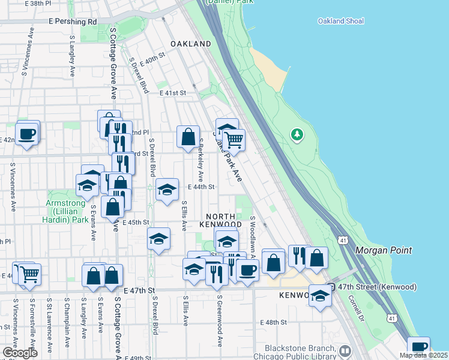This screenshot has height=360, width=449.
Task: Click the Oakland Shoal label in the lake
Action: pyautogui.click(x=340, y=22)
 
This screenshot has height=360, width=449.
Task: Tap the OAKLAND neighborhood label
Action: pyautogui.click(x=190, y=44)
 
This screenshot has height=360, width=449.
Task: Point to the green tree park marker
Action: pyautogui.click(x=297, y=134)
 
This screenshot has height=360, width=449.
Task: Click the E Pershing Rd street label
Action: pyautogui.click(x=74, y=22)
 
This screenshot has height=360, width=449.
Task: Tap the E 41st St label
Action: pyautogui.click(x=173, y=93)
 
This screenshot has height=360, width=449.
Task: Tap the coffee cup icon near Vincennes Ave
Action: pyautogui.click(x=26, y=134)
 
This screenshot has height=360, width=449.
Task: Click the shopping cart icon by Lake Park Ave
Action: pyautogui.click(x=234, y=140)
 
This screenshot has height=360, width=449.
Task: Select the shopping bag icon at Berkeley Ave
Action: pyautogui.click(x=188, y=136)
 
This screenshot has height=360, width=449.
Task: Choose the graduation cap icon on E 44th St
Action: pyautogui.click(x=167, y=190)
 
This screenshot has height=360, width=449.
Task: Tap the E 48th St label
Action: pyautogui.click(x=274, y=322)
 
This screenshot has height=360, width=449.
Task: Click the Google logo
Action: pyautogui.click(x=19, y=353)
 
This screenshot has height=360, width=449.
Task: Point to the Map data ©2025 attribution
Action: pyautogui.click(x=424, y=355)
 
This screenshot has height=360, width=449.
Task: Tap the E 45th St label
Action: pyautogui.click(x=135, y=222)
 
